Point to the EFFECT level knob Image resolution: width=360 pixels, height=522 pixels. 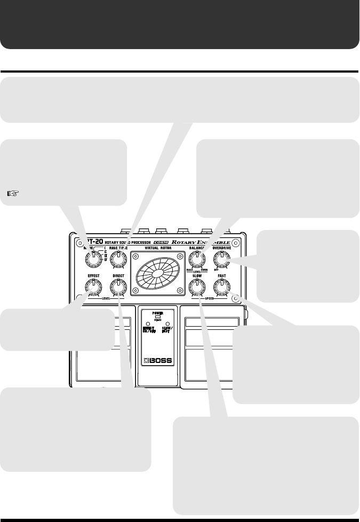click(x=93, y=288)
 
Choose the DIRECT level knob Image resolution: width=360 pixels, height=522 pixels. click(x=118, y=288)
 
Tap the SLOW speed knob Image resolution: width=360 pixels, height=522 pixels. click(x=197, y=288)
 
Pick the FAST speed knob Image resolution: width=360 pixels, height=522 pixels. click(x=222, y=288)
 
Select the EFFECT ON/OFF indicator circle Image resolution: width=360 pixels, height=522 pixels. click(x=148, y=324)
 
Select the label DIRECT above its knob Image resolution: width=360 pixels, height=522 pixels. click(x=118, y=276)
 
